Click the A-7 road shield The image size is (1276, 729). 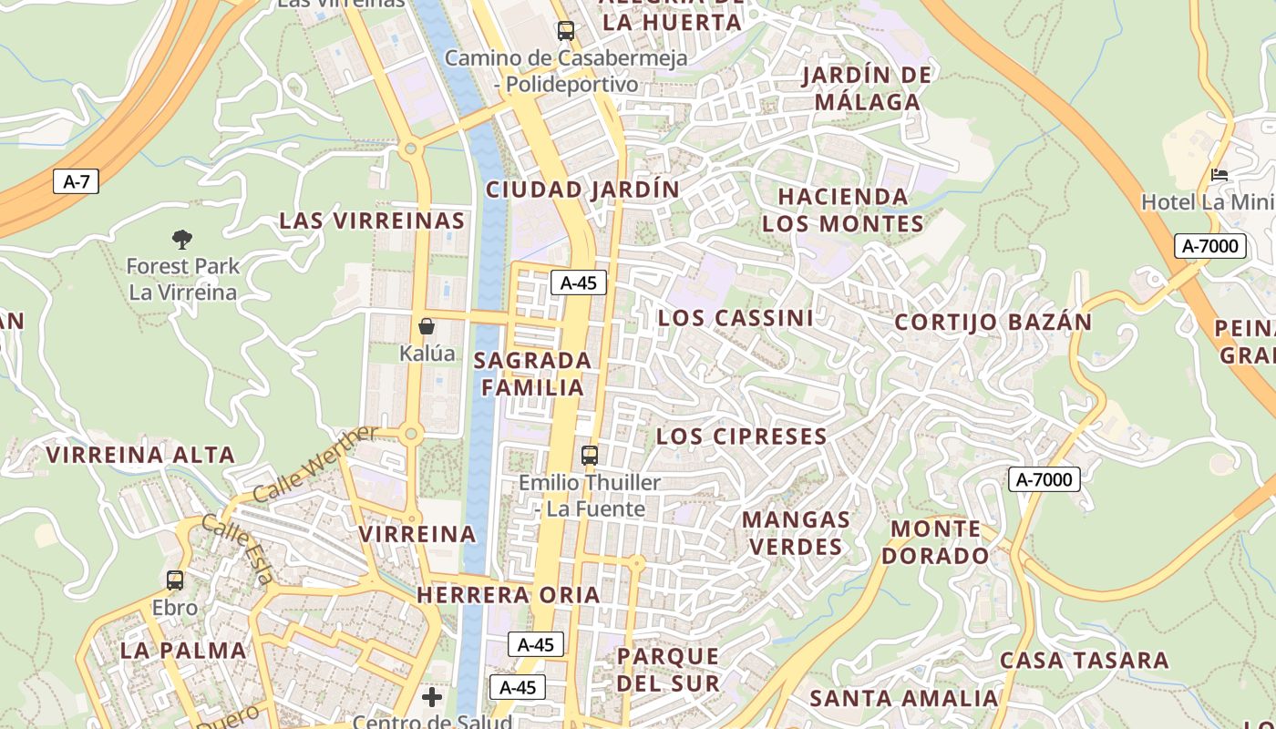(76, 181)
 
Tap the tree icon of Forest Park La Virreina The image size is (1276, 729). (182, 240)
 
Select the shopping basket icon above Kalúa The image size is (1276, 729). (427, 326)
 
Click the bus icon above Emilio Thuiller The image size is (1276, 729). (590, 455)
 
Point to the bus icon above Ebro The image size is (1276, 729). (175, 580)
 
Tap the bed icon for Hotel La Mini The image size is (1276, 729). (1219, 175)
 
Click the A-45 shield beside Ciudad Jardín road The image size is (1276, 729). (578, 282)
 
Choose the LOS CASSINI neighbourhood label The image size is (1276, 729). (736, 318)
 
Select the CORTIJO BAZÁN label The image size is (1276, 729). (993, 322)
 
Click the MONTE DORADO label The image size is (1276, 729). (936, 542)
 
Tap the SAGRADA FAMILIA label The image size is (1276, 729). (533, 374)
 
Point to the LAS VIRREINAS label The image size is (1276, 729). (372, 221)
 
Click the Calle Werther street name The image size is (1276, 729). (314, 465)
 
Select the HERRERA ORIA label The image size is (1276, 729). (509, 595)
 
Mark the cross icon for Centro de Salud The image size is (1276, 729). (432, 698)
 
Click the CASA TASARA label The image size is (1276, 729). (1084, 660)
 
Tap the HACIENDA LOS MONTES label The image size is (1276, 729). (843, 210)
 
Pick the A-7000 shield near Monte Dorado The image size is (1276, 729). (1044, 479)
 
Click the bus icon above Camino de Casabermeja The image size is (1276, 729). (565, 31)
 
